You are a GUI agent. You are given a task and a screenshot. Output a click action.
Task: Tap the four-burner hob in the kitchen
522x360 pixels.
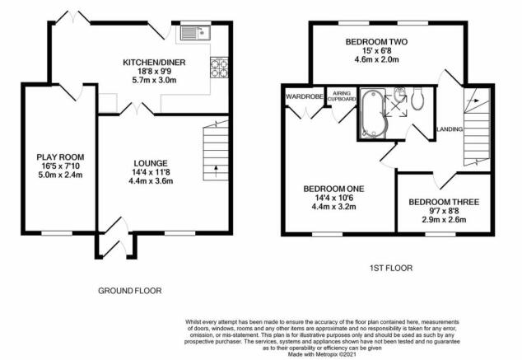click(x=219, y=68)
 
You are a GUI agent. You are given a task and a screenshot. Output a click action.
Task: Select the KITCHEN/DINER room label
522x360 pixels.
click(x=154, y=63)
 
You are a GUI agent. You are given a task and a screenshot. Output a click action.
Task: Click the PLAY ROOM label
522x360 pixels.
click(x=60, y=157)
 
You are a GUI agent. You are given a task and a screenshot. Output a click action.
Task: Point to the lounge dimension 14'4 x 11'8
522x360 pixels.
click(x=151, y=172)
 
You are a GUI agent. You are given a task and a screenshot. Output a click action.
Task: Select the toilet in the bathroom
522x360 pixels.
click(x=417, y=99)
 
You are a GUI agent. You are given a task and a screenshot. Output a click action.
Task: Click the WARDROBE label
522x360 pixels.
click(x=305, y=96)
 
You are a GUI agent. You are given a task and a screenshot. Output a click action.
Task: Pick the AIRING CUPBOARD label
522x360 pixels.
click(x=342, y=96)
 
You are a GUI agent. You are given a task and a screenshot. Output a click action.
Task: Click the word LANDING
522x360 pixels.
click(x=450, y=129)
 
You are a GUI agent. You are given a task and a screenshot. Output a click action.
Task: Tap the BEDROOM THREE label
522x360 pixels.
click(x=444, y=202)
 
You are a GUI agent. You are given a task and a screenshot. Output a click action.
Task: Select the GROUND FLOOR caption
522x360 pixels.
click(x=130, y=291)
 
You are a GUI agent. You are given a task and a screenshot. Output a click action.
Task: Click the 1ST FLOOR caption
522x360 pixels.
click(x=391, y=268)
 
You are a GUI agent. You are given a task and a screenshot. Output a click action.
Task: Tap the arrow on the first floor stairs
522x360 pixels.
click(x=475, y=101)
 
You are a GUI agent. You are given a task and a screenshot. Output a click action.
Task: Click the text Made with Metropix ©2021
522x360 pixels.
click(x=322, y=354)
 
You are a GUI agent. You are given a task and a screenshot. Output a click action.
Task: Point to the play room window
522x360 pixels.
click(x=57, y=233)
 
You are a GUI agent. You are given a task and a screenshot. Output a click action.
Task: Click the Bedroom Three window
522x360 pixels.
click(x=440, y=234)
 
